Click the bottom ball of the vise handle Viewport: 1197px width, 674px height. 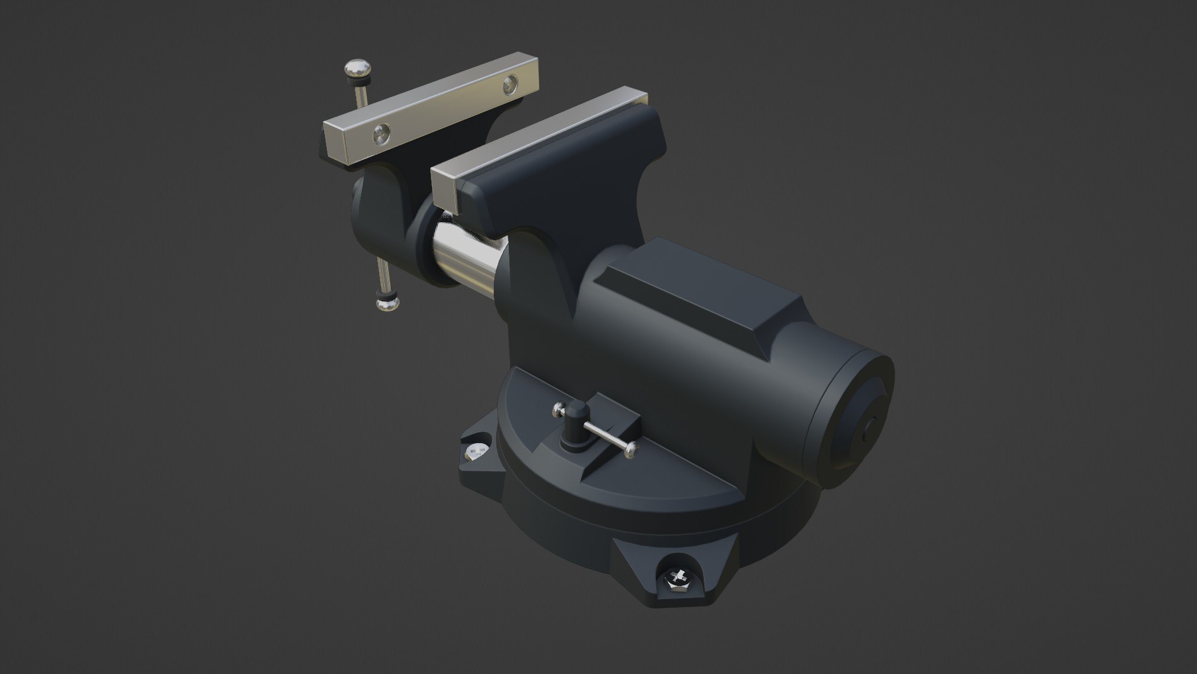point(388,303)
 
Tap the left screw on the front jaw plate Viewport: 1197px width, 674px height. point(382,132)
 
